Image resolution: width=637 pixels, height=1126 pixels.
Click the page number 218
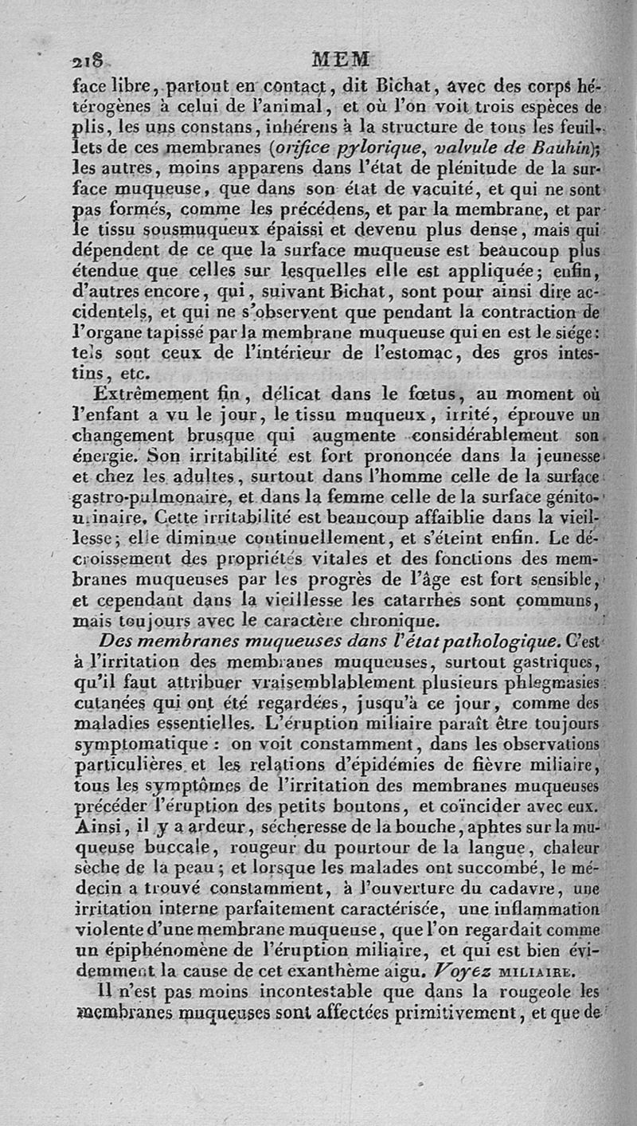[86, 59]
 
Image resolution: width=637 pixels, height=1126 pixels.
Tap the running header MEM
[341, 59]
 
